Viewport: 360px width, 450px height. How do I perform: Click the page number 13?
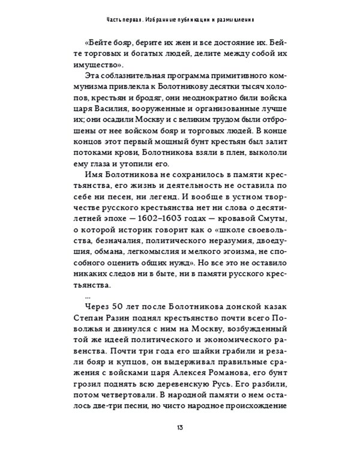pyautogui.click(x=179, y=427)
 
